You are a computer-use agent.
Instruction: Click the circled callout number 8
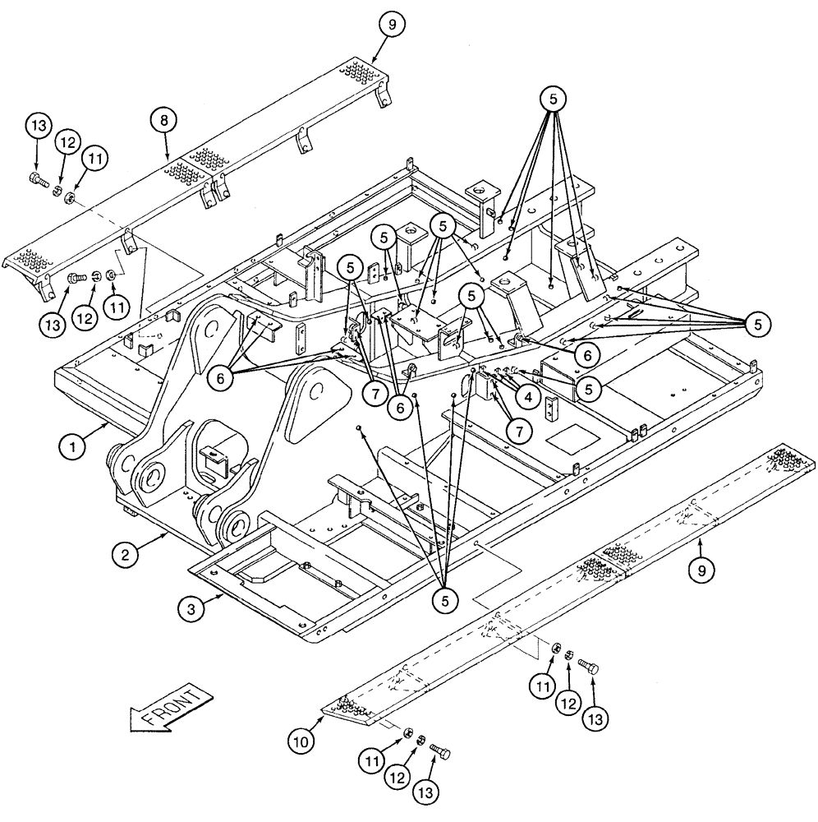tap(163, 120)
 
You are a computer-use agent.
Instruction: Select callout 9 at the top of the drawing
tap(391, 25)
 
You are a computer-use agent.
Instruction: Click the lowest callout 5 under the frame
tap(445, 601)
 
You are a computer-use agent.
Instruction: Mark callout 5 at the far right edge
tap(759, 325)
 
